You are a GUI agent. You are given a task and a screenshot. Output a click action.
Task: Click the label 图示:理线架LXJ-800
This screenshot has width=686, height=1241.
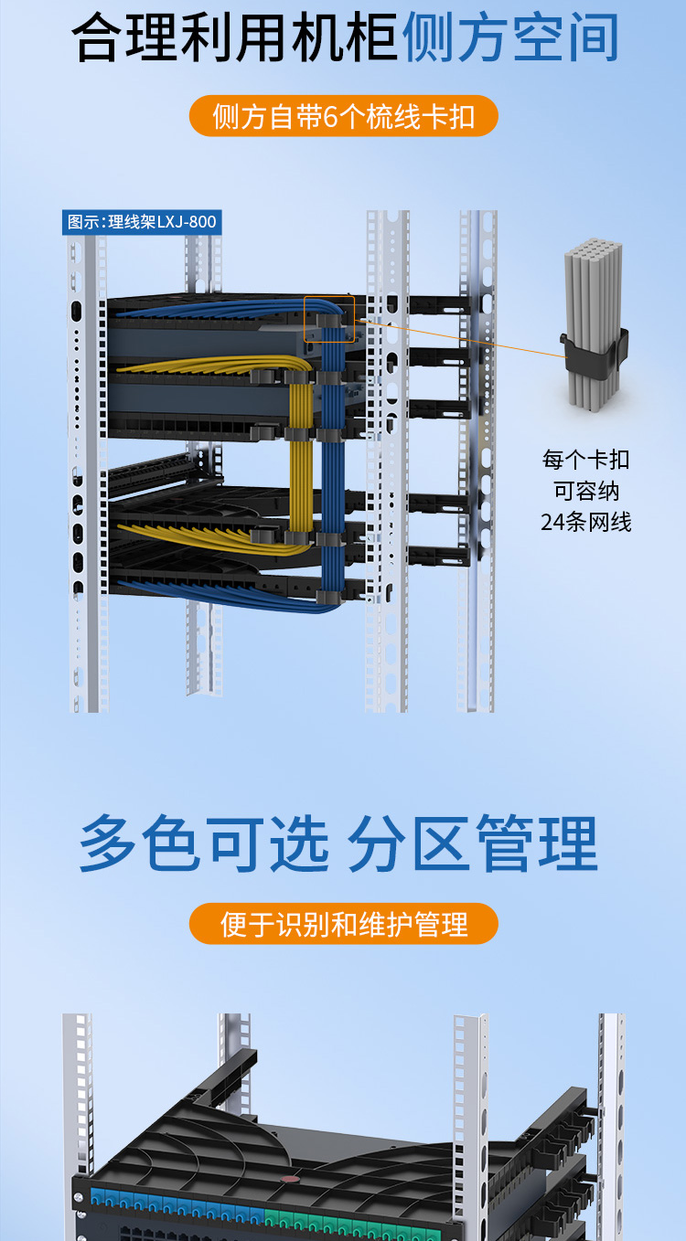click(142, 222)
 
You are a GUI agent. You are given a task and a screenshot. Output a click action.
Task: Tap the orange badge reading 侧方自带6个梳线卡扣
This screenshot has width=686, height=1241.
click(343, 116)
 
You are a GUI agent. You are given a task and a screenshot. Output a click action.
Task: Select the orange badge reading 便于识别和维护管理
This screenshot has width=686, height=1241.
click(343, 924)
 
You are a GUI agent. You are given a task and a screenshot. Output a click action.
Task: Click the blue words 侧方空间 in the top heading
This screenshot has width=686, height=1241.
click(509, 37)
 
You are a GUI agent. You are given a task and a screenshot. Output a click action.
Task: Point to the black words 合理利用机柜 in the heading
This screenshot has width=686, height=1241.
click(234, 37)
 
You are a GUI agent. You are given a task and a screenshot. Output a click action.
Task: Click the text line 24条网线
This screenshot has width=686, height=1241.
click(586, 522)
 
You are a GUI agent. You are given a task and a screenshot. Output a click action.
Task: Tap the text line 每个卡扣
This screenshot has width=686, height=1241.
click(586, 460)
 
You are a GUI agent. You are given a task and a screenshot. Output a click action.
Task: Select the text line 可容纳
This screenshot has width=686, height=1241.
click(586, 491)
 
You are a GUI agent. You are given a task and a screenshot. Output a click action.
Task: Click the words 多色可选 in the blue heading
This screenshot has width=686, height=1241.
click(204, 843)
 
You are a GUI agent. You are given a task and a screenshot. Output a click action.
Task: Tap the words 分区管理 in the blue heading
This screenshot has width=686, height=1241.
click(473, 843)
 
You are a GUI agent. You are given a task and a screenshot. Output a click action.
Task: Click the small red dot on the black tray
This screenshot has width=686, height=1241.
click(288, 1179)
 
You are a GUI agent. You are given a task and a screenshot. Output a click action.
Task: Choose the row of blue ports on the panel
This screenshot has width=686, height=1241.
click(177, 1204)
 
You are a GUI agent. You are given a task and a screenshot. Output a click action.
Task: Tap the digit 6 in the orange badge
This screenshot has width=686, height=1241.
click(330, 117)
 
